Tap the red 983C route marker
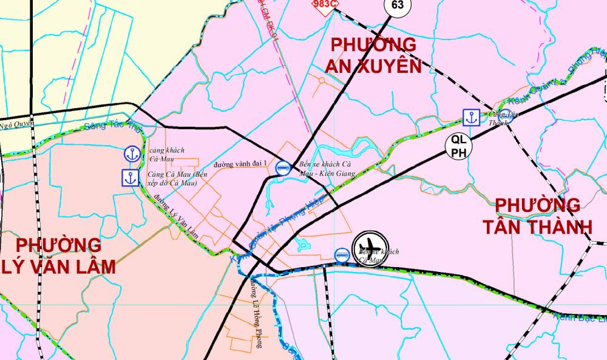pyautogui.click(x=324, y=4)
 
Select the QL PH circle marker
pyautogui.click(x=459, y=146)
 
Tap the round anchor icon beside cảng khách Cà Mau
pyautogui.click(x=131, y=154)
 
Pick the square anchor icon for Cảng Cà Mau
pyautogui.click(x=129, y=178)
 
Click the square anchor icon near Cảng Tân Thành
pyautogui.click(x=471, y=117)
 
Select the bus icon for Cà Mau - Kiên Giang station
pyautogui.click(x=282, y=167)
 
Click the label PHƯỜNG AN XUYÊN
pyautogui.click(x=373, y=55)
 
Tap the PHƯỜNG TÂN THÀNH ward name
pyautogui.click(x=538, y=216)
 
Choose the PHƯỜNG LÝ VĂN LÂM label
pyautogui.click(x=59, y=256)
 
